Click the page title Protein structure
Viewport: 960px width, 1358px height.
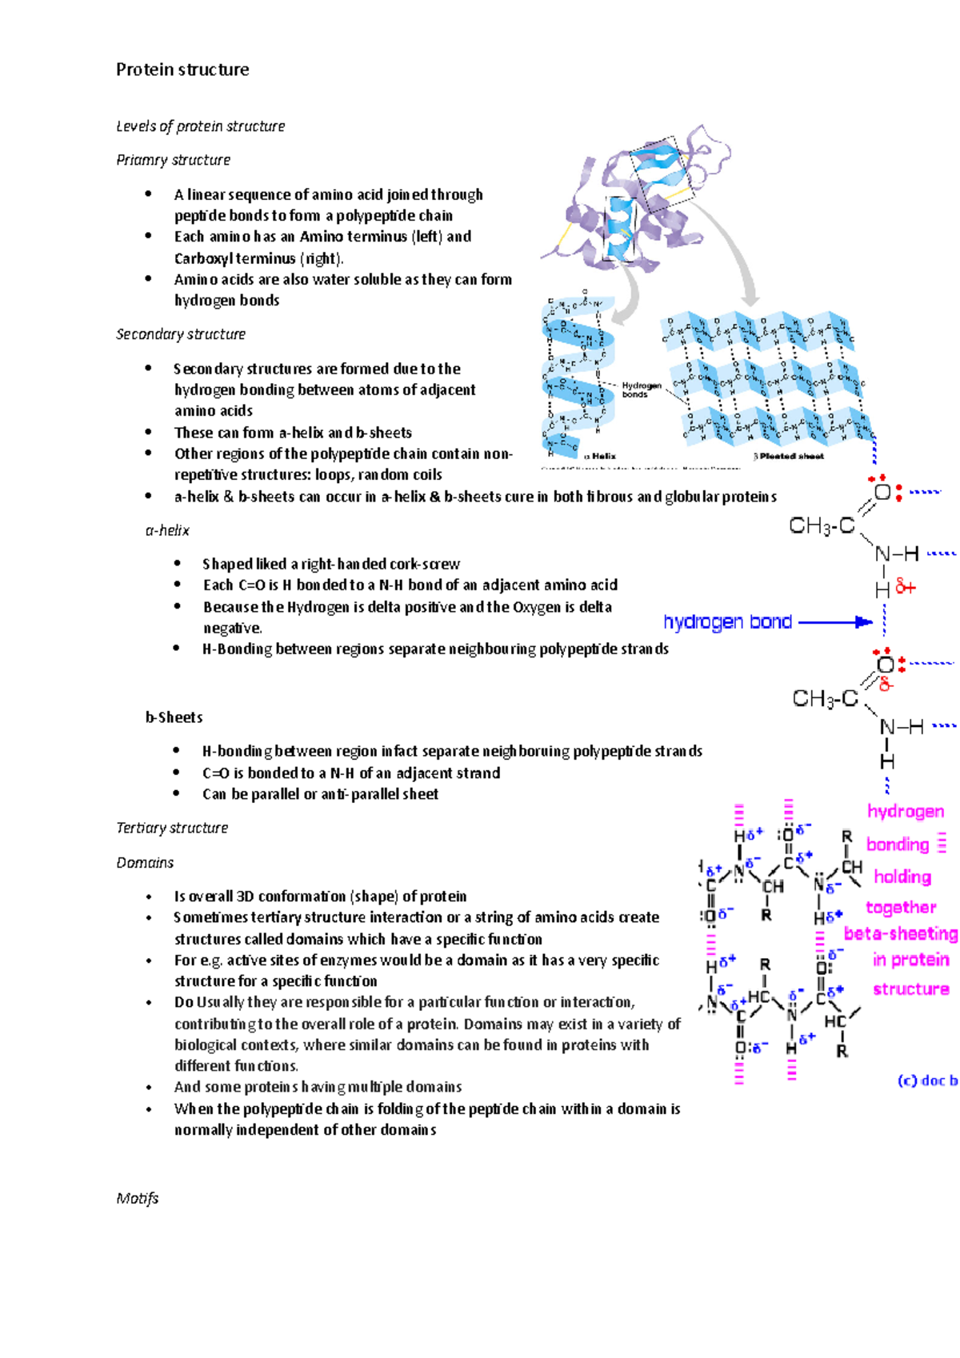click(182, 70)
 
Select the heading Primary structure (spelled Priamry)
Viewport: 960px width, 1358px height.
click(173, 160)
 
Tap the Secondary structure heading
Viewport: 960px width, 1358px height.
click(181, 334)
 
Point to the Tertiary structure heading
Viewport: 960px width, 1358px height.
click(172, 828)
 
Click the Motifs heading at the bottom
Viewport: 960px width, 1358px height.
click(138, 1198)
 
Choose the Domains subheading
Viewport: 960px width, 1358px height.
click(145, 863)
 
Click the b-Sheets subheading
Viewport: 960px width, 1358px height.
click(174, 717)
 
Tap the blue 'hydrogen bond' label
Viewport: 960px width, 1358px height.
click(727, 622)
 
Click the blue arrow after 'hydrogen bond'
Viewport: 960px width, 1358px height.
click(836, 622)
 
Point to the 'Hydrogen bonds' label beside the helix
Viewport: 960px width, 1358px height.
click(641, 389)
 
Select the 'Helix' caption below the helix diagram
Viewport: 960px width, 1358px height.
click(603, 457)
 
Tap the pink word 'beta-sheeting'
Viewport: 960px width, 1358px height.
click(901, 934)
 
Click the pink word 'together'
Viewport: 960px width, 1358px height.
click(901, 908)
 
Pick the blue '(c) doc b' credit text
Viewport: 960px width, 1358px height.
click(927, 1080)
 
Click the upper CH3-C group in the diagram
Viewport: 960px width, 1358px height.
click(822, 525)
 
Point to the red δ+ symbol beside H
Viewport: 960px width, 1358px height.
click(906, 588)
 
